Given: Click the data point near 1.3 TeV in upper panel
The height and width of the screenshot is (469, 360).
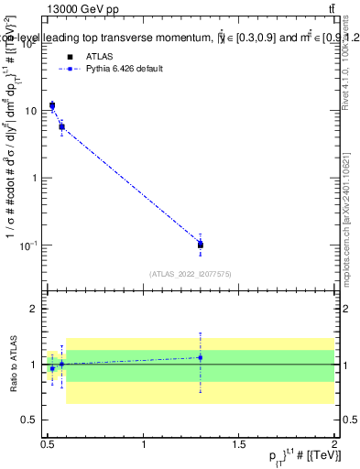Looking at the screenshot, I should pyautogui.click(x=200, y=245).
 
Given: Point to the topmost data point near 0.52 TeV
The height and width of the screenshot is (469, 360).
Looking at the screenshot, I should pyautogui.click(x=52, y=106).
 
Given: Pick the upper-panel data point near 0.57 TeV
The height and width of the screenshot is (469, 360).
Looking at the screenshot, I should pyautogui.click(x=61, y=126).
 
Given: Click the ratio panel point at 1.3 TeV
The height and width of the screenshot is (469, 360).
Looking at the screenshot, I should pyautogui.click(x=200, y=357).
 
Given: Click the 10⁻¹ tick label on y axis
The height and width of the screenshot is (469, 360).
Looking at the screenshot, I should pyautogui.click(x=31, y=245).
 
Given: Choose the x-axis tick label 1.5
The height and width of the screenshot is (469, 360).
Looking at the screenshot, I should pyautogui.click(x=239, y=444).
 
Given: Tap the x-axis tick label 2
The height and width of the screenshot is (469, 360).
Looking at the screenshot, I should pyautogui.click(x=334, y=444).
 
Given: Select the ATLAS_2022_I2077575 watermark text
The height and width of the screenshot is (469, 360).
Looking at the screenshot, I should pyautogui.click(x=190, y=273).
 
